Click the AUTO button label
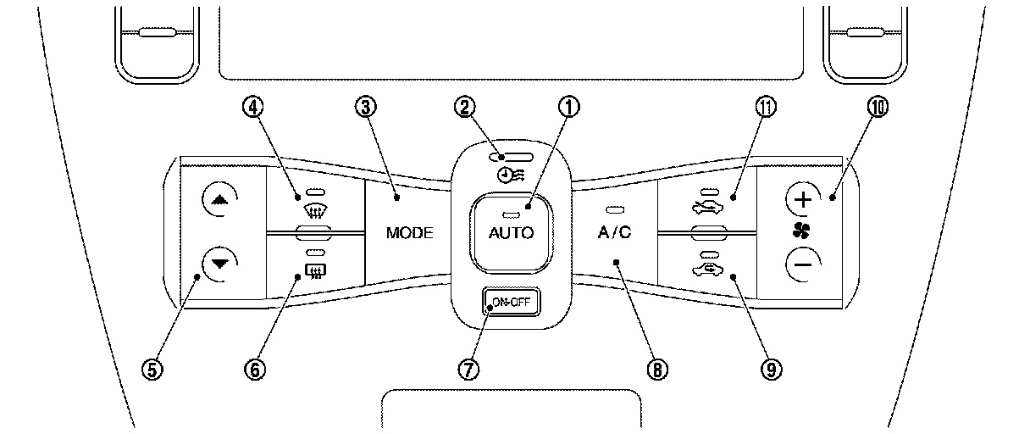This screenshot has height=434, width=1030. click(x=511, y=232)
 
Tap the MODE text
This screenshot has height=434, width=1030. click(x=409, y=233)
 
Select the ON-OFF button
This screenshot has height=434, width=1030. click(x=512, y=301)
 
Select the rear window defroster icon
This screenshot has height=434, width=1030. click(x=314, y=272)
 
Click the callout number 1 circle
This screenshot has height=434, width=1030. click(x=570, y=107)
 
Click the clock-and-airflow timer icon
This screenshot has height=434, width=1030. click(x=509, y=176)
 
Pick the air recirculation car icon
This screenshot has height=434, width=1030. click(x=709, y=270)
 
